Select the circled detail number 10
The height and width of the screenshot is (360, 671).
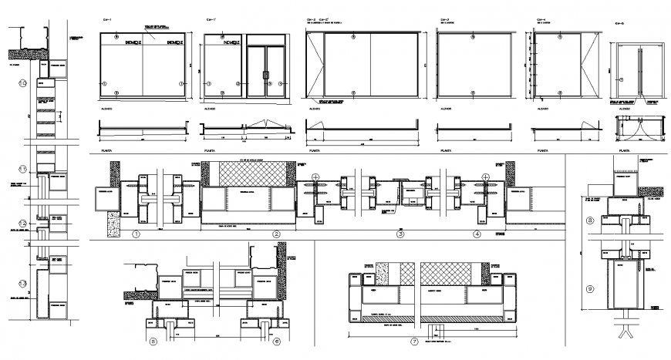click(23, 82)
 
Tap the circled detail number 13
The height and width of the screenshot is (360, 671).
click(23, 284)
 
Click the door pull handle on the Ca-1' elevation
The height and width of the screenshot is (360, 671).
click(264, 76)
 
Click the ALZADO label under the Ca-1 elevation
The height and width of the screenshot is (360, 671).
click(101, 109)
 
